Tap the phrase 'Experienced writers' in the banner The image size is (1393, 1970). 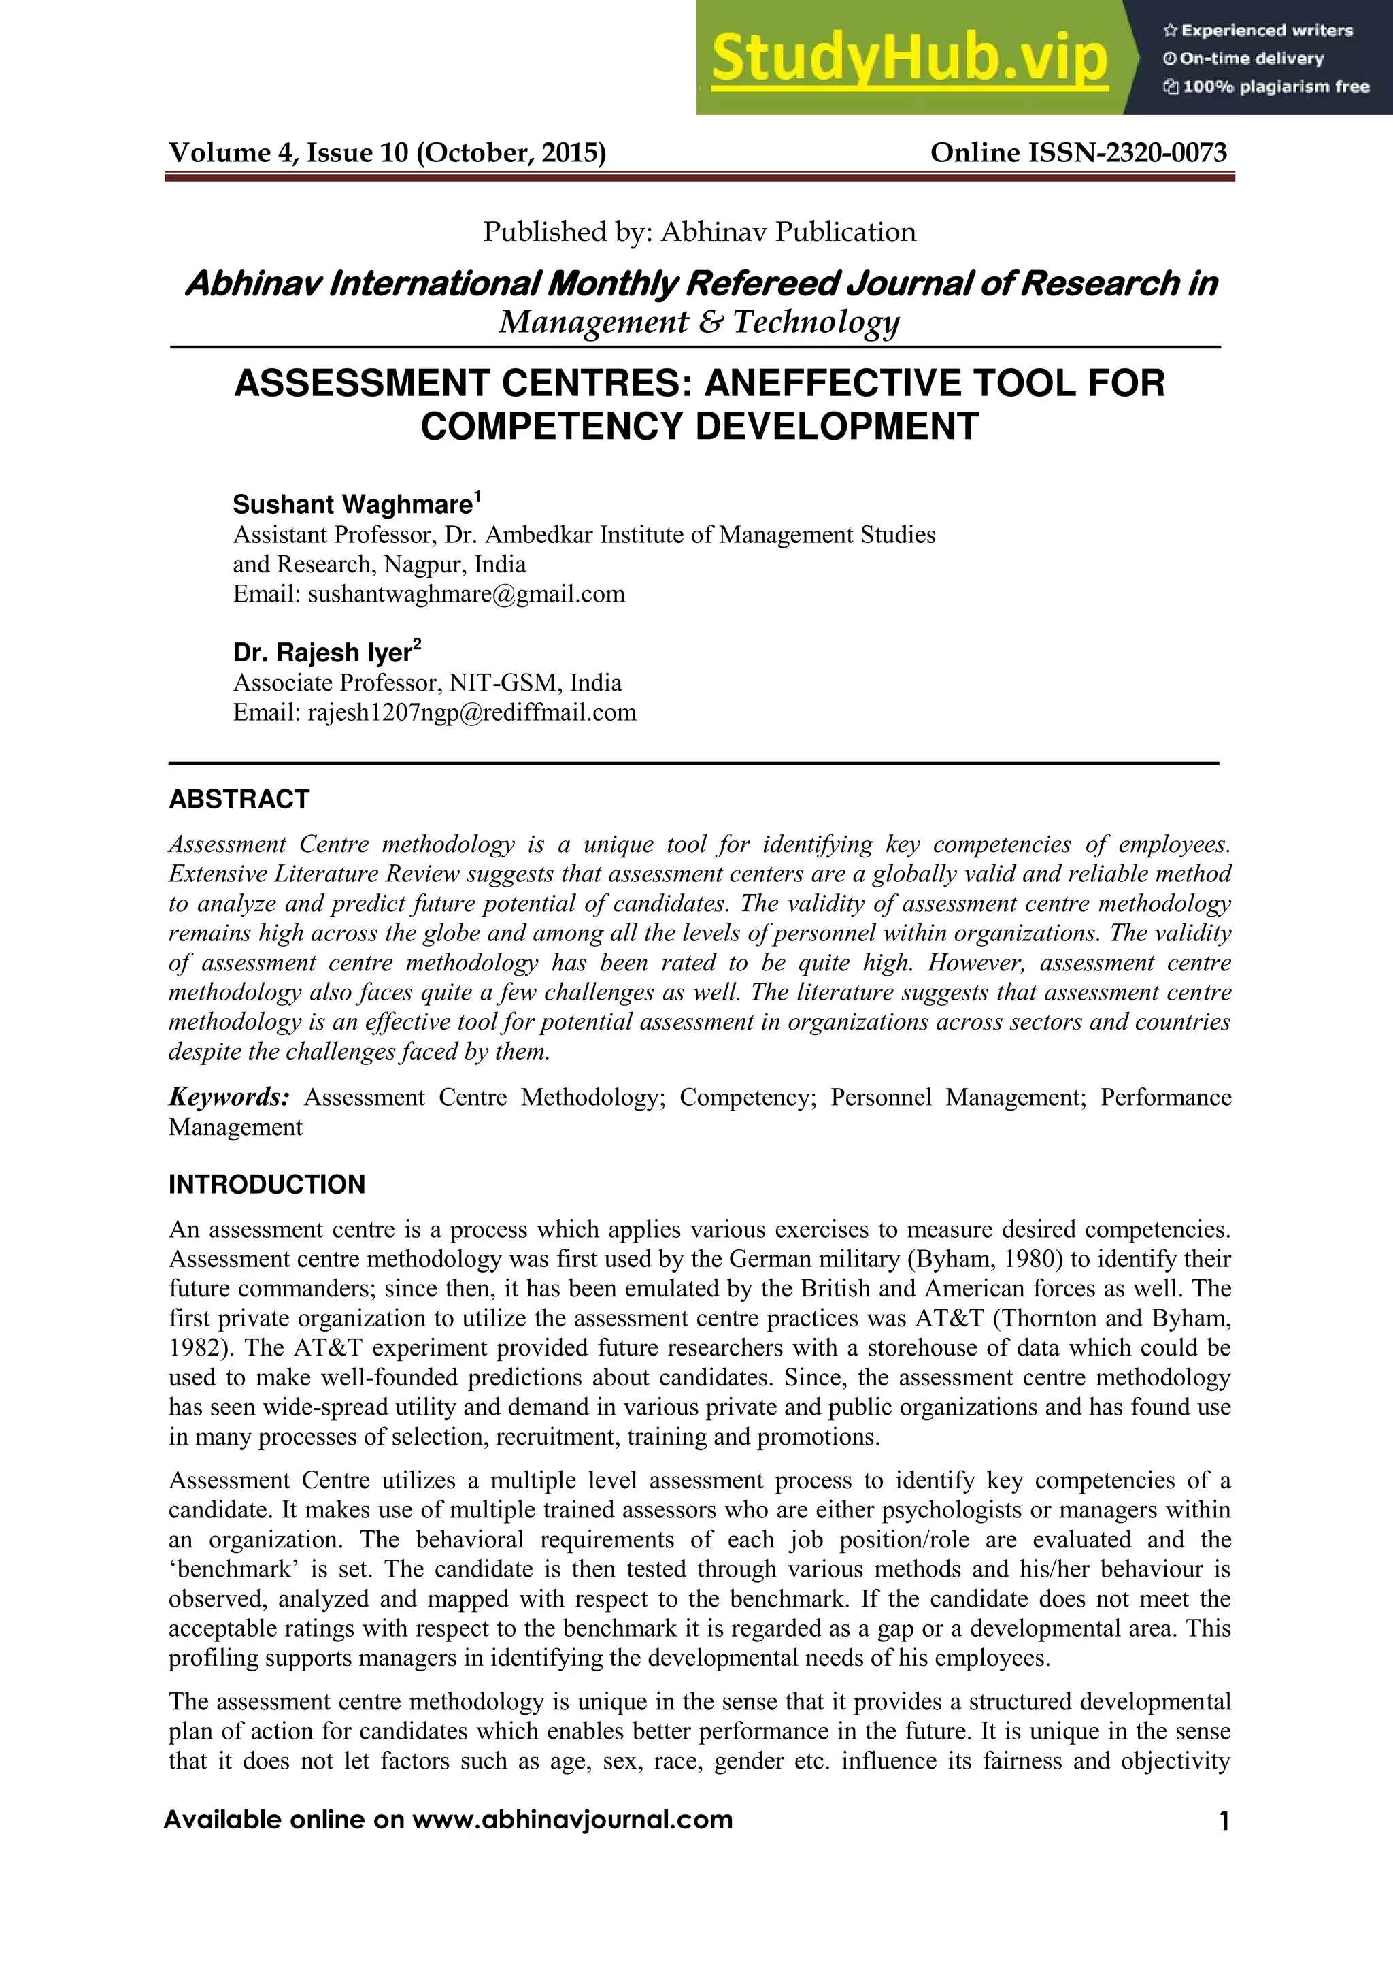(x=1266, y=31)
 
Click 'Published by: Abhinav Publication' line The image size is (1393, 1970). (x=699, y=231)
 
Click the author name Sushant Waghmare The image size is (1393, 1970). (x=352, y=504)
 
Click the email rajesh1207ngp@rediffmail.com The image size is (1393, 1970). (x=472, y=712)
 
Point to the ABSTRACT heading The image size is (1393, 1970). (x=239, y=799)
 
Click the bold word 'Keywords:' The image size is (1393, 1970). (x=228, y=1098)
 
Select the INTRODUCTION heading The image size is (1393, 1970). (x=267, y=1184)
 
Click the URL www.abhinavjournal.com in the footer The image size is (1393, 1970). (x=572, y=1820)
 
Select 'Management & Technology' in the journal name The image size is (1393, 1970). (x=699, y=322)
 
